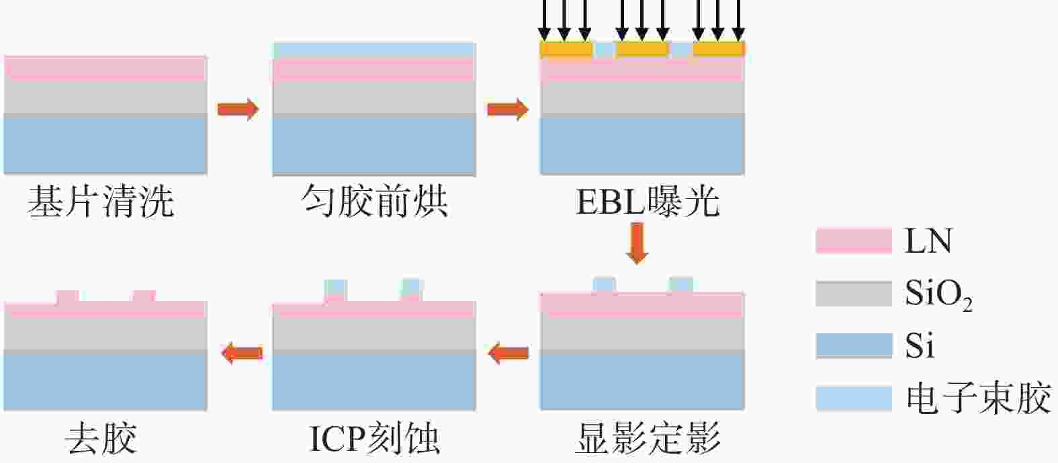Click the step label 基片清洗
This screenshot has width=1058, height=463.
point(101,202)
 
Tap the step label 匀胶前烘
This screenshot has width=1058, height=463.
point(374,202)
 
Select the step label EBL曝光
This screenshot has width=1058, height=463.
point(648,202)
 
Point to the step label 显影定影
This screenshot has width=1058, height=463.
point(648,438)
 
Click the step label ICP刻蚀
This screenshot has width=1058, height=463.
point(374,438)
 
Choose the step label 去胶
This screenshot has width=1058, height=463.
point(101,438)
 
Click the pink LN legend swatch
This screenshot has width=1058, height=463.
point(853,241)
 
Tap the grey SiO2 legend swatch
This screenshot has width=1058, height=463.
point(853,294)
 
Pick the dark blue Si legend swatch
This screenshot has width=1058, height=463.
point(853,346)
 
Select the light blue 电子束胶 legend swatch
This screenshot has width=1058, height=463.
point(853,398)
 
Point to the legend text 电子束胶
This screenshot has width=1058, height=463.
point(978,398)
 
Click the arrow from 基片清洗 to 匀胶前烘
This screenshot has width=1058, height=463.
point(238,108)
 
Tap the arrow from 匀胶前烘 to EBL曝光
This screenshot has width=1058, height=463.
point(508,108)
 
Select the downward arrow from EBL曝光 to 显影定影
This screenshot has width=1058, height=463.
point(637,243)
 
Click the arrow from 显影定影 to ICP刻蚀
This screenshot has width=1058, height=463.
point(508,352)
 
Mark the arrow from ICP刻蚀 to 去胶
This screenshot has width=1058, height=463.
point(242,352)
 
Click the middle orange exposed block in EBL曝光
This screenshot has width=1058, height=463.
point(642,49)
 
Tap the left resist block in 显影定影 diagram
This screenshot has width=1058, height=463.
point(604,285)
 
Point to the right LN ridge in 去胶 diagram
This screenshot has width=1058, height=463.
point(144,296)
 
